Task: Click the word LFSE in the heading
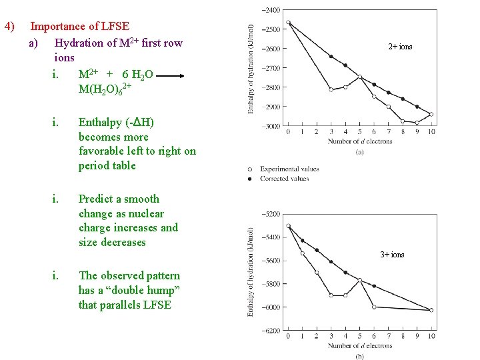(116, 27)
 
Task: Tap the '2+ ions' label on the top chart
(400, 47)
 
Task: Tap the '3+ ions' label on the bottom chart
(392, 255)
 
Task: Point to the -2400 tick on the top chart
(271, 10)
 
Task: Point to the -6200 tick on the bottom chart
(271, 331)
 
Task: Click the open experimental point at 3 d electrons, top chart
(331, 89)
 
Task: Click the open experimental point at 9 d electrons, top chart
(417, 123)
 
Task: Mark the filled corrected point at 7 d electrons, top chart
(389, 92)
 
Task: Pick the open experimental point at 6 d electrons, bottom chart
(374, 307)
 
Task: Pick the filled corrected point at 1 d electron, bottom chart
(302, 241)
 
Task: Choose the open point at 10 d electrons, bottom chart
(431, 310)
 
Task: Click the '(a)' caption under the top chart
(360, 152)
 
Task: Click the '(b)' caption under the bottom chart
(360, 356)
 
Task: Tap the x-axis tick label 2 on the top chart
(317, 131)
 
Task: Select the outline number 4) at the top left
(9, 27)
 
